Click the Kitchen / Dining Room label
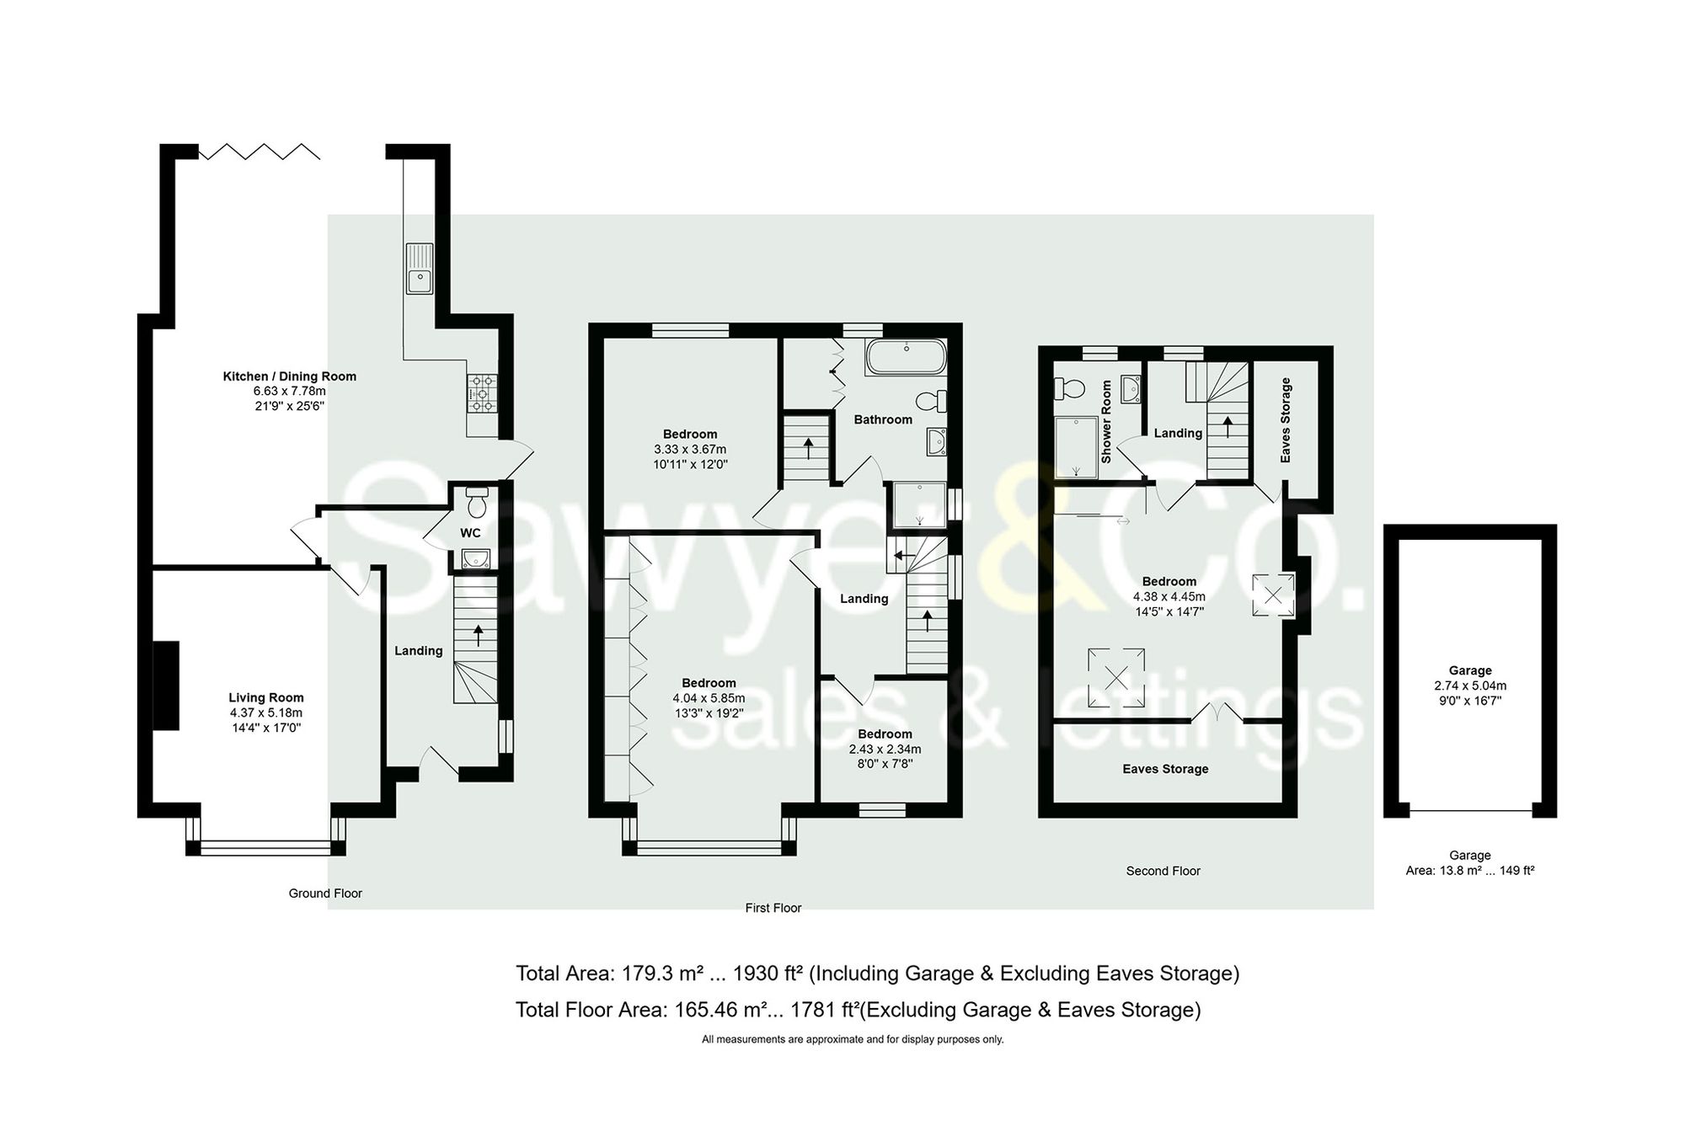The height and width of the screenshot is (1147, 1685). click(x=289, y=376)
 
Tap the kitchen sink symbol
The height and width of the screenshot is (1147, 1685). click(x=419, y=269)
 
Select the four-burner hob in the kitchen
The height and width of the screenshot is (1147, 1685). click(x=483, y=393)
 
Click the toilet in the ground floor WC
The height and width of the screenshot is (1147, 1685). click(x=477, y=503)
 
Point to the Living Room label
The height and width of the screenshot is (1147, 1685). click(x=266, y=697)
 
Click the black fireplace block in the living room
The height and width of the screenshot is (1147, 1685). click(x=166, y=685)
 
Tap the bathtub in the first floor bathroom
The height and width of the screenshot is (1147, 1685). click(x=906, y=357)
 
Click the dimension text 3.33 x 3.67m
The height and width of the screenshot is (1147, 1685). click(x=690, y=450)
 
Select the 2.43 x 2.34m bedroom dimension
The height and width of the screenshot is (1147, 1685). click(x=885, y=750)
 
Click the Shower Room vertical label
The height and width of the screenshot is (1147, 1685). click(x=1106, y=421)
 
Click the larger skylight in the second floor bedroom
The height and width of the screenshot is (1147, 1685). click(x=1115, y=677)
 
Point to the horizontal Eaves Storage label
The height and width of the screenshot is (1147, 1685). click(x=1165, y=769)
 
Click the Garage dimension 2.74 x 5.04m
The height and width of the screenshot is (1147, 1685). click(x=1470, y=686)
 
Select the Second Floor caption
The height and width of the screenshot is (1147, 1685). click(x=1163, y=871)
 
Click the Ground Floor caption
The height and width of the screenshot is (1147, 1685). click(x=325, y=894)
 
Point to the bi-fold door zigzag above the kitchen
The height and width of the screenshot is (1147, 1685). click(x=259, y=152)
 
